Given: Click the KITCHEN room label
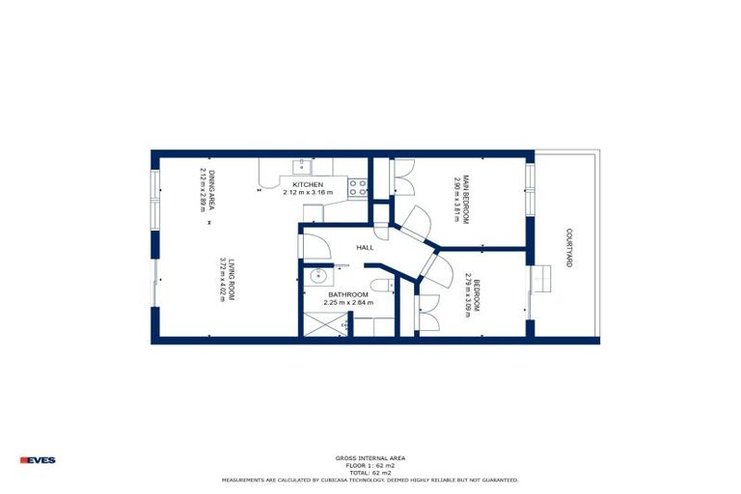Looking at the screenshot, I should click(x=308, y=184).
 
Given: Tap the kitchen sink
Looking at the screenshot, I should click(x=301, y=166).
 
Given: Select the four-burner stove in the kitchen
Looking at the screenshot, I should click(x=358, y=187).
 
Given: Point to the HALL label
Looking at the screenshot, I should click(x=365, y=248).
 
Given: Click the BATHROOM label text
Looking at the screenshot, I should click(x=347, y=294).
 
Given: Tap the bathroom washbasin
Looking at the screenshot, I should click(x=317, y=277).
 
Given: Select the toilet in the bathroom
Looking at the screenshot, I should click(x=385, y=284).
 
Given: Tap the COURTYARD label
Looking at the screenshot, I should click(x=570, y=248).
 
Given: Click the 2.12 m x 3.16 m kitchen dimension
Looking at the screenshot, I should click(x=308, y=192).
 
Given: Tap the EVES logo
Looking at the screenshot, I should click(x=39, y=460).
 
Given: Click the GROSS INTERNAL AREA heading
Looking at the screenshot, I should click(x=370, y=458).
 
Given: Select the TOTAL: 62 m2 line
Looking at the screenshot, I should click(x=370, y=472).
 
